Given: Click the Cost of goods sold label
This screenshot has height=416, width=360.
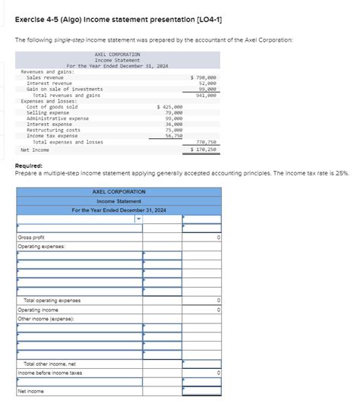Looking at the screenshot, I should (52, 107).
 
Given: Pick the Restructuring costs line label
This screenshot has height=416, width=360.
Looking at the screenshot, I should (53, 130).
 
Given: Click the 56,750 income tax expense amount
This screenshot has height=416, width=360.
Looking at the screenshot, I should (173, 135).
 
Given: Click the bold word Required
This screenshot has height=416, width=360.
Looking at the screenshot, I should (29, 165).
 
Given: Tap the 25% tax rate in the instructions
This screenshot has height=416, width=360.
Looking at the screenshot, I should (341, 173).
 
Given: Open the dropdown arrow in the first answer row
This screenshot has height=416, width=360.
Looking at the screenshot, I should (139, 219).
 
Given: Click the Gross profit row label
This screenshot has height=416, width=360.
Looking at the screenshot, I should (31, 238).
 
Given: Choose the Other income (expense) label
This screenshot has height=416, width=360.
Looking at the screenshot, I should (45, 319).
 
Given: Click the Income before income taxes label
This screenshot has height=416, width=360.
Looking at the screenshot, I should (50, 373).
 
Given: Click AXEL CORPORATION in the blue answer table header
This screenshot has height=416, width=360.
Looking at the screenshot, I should (118, 192).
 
